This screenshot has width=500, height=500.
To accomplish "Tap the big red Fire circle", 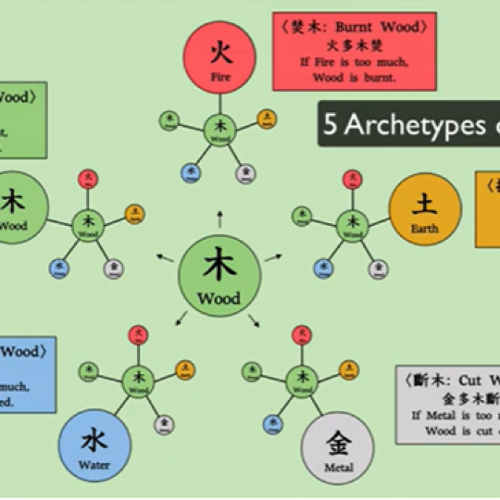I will [221, 60].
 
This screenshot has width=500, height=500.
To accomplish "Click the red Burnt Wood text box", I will [354, 51].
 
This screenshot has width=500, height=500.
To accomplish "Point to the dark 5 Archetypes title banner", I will [409, 124].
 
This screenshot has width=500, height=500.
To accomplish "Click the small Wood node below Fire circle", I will [220, 130].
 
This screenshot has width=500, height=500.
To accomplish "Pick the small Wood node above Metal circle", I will [301, 378].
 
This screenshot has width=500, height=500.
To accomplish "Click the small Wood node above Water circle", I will [138, 378].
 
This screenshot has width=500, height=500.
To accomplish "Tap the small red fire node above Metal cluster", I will [301, 335].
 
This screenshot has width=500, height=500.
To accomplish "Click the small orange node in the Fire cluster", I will [267, 119].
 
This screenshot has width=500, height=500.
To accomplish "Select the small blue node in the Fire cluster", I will [190, 172].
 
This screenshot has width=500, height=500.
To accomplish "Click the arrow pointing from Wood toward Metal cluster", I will [254, 320].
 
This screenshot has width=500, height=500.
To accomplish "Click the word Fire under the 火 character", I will [221, 75].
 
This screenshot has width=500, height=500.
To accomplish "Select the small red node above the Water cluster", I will [138, 335].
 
